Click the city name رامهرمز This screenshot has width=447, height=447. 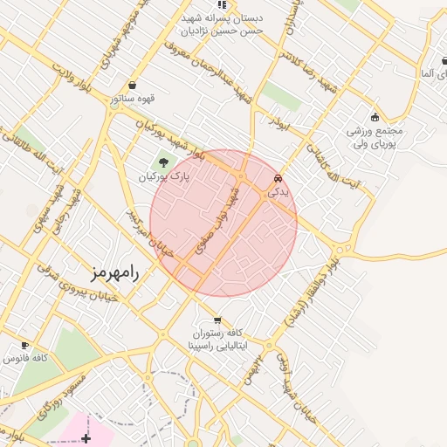pos(120,268)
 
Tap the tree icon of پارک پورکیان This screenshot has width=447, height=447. pos(163,161)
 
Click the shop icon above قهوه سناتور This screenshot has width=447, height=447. pos(132,86)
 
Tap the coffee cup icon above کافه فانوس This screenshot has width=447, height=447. pos(24,345)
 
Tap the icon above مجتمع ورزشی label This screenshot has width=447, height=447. pos(375,118)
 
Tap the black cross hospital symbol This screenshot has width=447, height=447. pos(86,437)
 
